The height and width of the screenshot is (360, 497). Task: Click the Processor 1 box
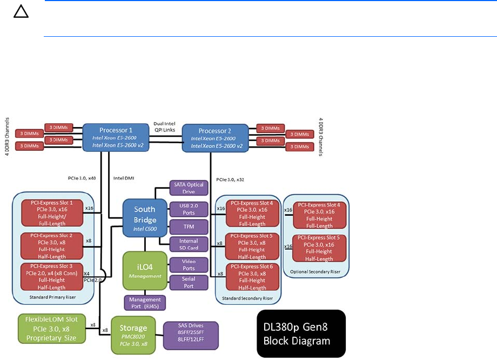115,137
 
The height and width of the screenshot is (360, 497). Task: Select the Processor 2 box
215,138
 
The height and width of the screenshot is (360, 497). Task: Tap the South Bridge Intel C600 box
145,217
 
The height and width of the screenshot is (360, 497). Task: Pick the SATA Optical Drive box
189,188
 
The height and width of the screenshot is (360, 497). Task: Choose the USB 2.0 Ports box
189,209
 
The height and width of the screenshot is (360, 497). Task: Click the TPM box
189,227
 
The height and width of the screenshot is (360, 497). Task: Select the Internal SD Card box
189,244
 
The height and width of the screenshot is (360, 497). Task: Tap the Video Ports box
189,264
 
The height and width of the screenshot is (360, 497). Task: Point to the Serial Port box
189,282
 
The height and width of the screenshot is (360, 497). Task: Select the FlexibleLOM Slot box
48,329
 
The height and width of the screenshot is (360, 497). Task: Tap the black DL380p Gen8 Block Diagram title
301,334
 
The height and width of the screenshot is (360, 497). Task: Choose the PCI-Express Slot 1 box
52,213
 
